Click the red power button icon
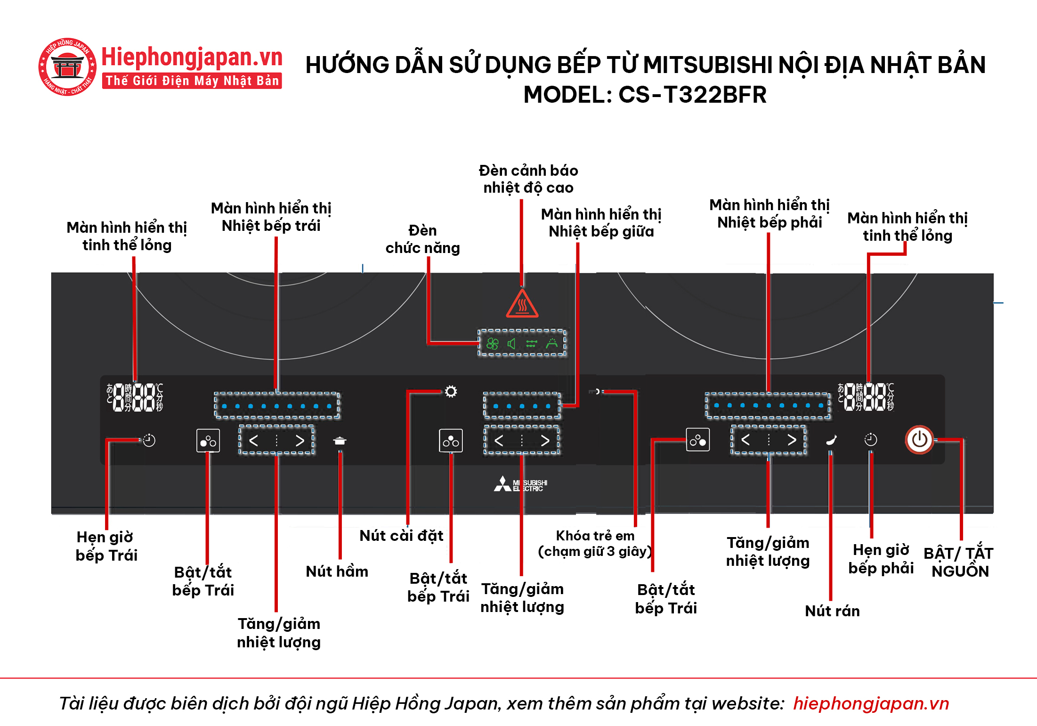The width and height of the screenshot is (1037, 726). pos(919,440)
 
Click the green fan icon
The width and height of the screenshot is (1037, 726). pos(492,343)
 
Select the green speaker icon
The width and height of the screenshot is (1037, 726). pos(511,343)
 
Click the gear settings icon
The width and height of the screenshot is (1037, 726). pos(451,392)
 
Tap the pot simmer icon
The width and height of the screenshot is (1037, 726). pos(340,441)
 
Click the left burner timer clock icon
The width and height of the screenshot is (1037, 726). pos(149,440)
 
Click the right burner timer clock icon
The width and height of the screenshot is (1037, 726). pos(870,440)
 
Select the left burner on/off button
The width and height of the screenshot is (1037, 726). pos(208,441)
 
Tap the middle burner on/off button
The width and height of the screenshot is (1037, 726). pos(451,441)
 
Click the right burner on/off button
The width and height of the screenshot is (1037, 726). pos(697,440)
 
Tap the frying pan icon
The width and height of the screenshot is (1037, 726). pos(831,440)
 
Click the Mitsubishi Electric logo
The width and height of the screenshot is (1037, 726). pos(520,484)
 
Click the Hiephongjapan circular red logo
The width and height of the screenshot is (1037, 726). pos(67,67)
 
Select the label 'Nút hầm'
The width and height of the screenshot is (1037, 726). pos(337,571)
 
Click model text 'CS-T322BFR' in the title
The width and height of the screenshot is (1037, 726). pos(692,95)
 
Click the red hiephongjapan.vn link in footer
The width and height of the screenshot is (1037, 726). pos(871,703)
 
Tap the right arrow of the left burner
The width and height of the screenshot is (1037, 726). pos(300,441)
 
